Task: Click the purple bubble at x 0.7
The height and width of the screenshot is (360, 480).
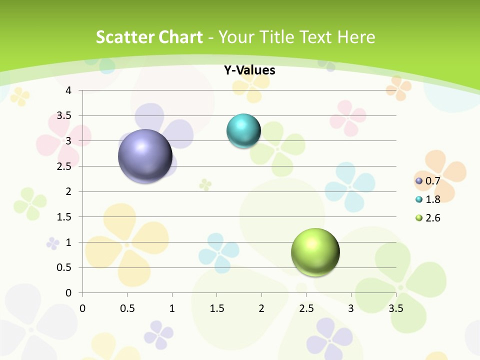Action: click(145, 156)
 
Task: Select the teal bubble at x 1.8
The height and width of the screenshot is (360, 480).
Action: click(243, 131)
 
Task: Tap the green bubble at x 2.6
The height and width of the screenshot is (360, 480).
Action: click(315, 252)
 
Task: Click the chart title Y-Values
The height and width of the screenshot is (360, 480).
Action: click(249, 70)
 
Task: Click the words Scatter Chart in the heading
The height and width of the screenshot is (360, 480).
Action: click(149, 37)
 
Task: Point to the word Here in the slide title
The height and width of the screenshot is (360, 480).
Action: click(356, 37)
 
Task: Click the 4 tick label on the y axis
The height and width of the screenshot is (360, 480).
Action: click(69, 90)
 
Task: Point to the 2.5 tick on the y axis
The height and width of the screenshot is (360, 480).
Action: click(65, 166)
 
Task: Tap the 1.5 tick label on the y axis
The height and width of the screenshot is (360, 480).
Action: click(65, 217)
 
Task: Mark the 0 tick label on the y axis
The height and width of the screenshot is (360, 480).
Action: click(69, 293)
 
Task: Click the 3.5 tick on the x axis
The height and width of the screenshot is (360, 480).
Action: click(396, 308)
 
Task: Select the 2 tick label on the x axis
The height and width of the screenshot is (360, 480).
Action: click(261, 308)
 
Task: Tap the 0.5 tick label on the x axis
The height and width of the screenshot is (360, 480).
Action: click(127, 308)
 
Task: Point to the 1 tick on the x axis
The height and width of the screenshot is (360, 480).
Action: click(172, 308)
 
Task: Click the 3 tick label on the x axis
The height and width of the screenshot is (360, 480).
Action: click(351, 308)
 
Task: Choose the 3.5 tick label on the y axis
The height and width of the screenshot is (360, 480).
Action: click(65, 116)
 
